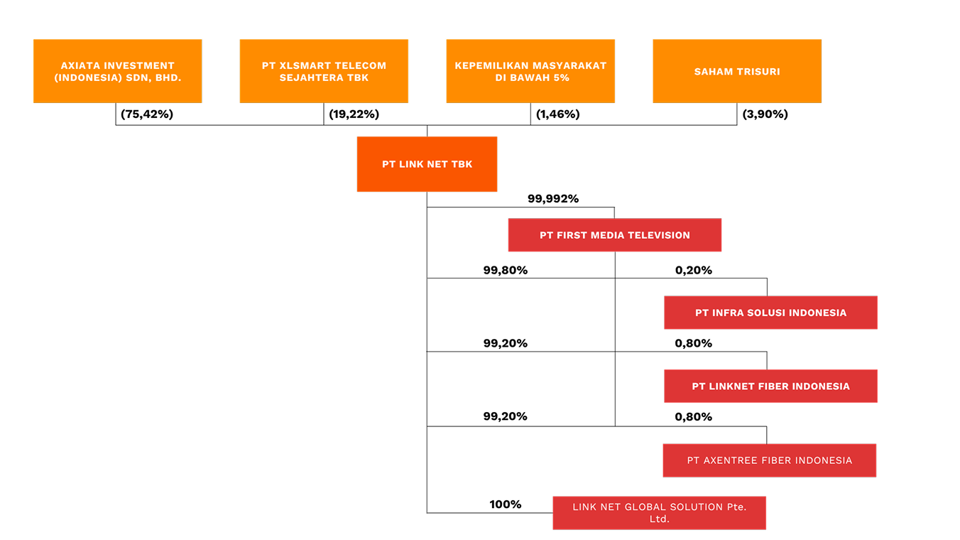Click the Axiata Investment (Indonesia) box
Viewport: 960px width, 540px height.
(117, 71)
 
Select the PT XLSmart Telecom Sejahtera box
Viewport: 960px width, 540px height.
(324, 71)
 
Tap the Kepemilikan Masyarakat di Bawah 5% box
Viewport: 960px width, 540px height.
(530, 71)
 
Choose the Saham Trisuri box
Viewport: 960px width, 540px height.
(737, 71)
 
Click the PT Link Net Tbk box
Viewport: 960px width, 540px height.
(427, 164)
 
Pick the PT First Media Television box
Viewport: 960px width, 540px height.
(615, 235)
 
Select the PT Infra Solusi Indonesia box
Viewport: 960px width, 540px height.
(770, 313)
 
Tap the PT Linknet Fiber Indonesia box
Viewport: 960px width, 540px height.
(770, 386)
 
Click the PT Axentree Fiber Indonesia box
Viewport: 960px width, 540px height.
(769, 460)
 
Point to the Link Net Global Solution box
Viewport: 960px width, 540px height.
(659, 513)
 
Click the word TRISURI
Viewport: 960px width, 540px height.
(758, 72)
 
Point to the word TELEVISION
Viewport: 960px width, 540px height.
(659, 235)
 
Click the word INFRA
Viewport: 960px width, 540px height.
(728, 313)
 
